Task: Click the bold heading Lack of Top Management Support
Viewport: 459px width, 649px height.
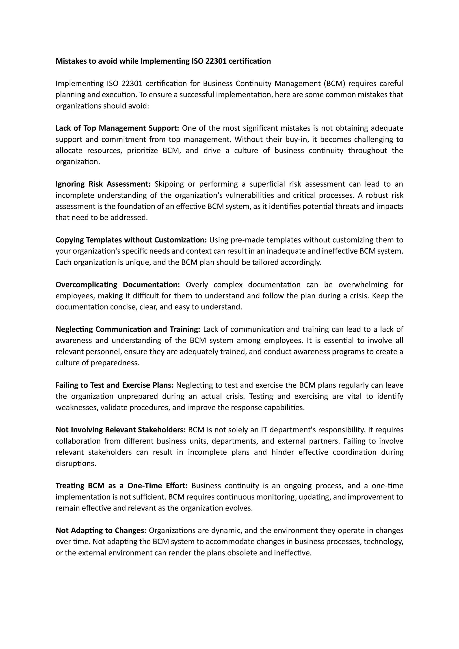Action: click(x=117, y=128)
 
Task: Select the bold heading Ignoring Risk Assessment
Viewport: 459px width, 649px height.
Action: click(x=103, y=184)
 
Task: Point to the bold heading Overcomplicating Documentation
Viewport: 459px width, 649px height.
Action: click(x=118, y=285)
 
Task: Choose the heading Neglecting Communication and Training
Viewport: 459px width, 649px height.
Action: click(x=128, y=329)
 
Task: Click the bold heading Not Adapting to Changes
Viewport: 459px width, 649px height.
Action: click(x=101, y=530)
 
